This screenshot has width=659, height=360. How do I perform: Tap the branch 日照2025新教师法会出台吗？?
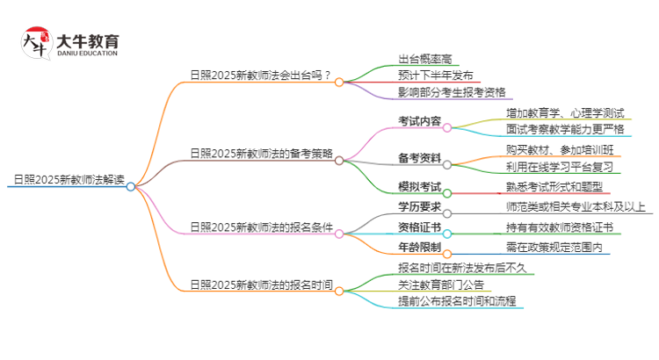(261, 75)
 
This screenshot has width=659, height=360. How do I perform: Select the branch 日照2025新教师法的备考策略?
(261, 153)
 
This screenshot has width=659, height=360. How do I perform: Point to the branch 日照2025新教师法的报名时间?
(261, 284)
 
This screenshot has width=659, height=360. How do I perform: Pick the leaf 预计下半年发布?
(435, 76)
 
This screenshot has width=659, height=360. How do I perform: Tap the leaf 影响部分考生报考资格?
(452, 92)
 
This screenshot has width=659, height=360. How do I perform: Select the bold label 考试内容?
(419, 120)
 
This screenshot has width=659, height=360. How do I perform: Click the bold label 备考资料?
(419, 158)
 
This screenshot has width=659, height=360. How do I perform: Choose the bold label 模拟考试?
(419, 188)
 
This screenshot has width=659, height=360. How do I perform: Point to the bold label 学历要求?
(419, 207)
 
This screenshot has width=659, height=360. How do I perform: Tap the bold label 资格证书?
(419, 228)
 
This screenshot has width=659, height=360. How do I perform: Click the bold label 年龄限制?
(419, 248)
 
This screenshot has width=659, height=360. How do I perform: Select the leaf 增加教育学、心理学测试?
(565, 113)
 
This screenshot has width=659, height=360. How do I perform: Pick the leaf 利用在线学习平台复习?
(558, 167)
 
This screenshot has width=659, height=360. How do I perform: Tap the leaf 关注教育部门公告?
(440, 284)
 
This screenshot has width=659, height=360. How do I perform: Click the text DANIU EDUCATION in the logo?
(87, 53)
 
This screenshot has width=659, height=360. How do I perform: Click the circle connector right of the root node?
(131, 186)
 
